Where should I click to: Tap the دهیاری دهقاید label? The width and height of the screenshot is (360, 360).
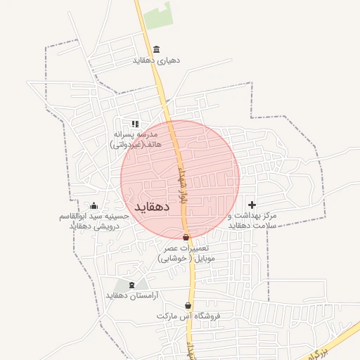(156, 60)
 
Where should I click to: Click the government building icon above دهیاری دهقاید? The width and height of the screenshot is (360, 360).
(156, 49)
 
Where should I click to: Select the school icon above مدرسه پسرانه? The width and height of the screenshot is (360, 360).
(136, 124)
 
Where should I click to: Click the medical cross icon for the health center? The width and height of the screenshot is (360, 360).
(252, 205)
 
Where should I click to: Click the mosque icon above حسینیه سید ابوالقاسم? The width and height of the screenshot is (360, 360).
(94, 205)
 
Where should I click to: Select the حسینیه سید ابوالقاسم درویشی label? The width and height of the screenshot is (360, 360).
(94, 221)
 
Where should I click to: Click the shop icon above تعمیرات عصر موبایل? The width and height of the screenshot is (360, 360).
(186, 238)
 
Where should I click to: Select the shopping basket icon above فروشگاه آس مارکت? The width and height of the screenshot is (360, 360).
(188, 305)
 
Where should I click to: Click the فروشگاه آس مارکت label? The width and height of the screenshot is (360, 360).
(188, 316)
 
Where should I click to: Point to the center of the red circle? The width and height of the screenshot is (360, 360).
(180, 179)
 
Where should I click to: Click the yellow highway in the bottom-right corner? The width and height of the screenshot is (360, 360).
(330, 345)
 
